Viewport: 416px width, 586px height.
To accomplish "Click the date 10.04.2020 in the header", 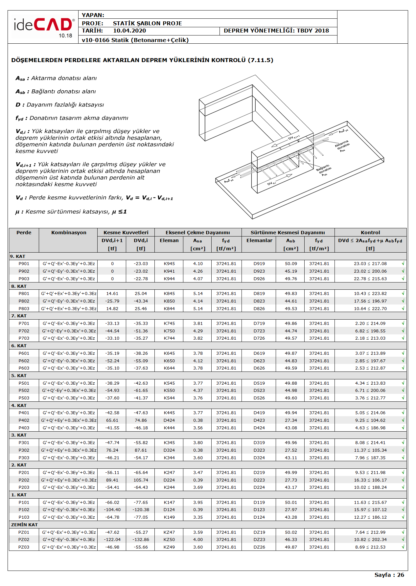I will coord(129,31).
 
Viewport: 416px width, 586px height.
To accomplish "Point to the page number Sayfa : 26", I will coord(389,575).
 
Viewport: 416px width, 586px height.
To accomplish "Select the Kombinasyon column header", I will coord(69,233).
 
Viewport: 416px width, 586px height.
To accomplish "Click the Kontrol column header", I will coord(370,233).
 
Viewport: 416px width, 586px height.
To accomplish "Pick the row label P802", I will coord(24,301).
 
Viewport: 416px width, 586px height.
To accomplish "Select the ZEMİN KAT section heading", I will coord(24,525).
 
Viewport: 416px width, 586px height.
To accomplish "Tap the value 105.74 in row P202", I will coord(141,480).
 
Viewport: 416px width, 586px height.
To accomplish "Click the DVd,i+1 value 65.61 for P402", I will coord(112,420).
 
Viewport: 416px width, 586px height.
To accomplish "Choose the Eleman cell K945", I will coord(169,264).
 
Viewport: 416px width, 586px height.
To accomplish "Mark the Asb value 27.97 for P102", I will coord(291,510).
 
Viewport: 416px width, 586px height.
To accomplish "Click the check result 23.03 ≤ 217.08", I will coord(370,264).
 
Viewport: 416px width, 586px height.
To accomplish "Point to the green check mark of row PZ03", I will coord(403,547).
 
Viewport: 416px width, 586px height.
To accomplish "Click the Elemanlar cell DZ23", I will coord(259,540).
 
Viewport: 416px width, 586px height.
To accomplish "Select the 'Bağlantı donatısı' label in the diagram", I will coord(324,169).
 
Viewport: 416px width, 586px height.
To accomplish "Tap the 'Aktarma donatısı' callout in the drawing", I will coord(342,146).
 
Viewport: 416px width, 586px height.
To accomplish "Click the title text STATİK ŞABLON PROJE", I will coord(147,23).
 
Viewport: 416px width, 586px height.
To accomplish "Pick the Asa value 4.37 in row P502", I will coord(198,391).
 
